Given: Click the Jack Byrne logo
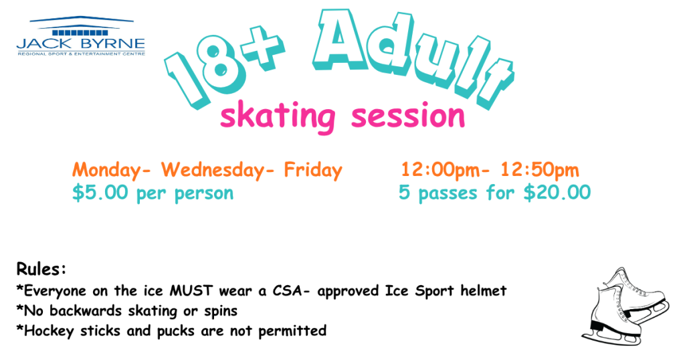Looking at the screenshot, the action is [81, 36].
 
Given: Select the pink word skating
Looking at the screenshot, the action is [278, 116].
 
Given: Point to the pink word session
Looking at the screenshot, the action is [408, 116].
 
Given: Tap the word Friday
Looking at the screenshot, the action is [313, 170].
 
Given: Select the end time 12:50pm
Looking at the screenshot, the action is [540, 170].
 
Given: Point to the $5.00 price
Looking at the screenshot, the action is [100, 193].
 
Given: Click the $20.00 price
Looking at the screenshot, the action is [557, 193].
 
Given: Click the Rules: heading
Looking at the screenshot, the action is [41, 269].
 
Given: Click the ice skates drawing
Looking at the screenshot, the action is [625, 307].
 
